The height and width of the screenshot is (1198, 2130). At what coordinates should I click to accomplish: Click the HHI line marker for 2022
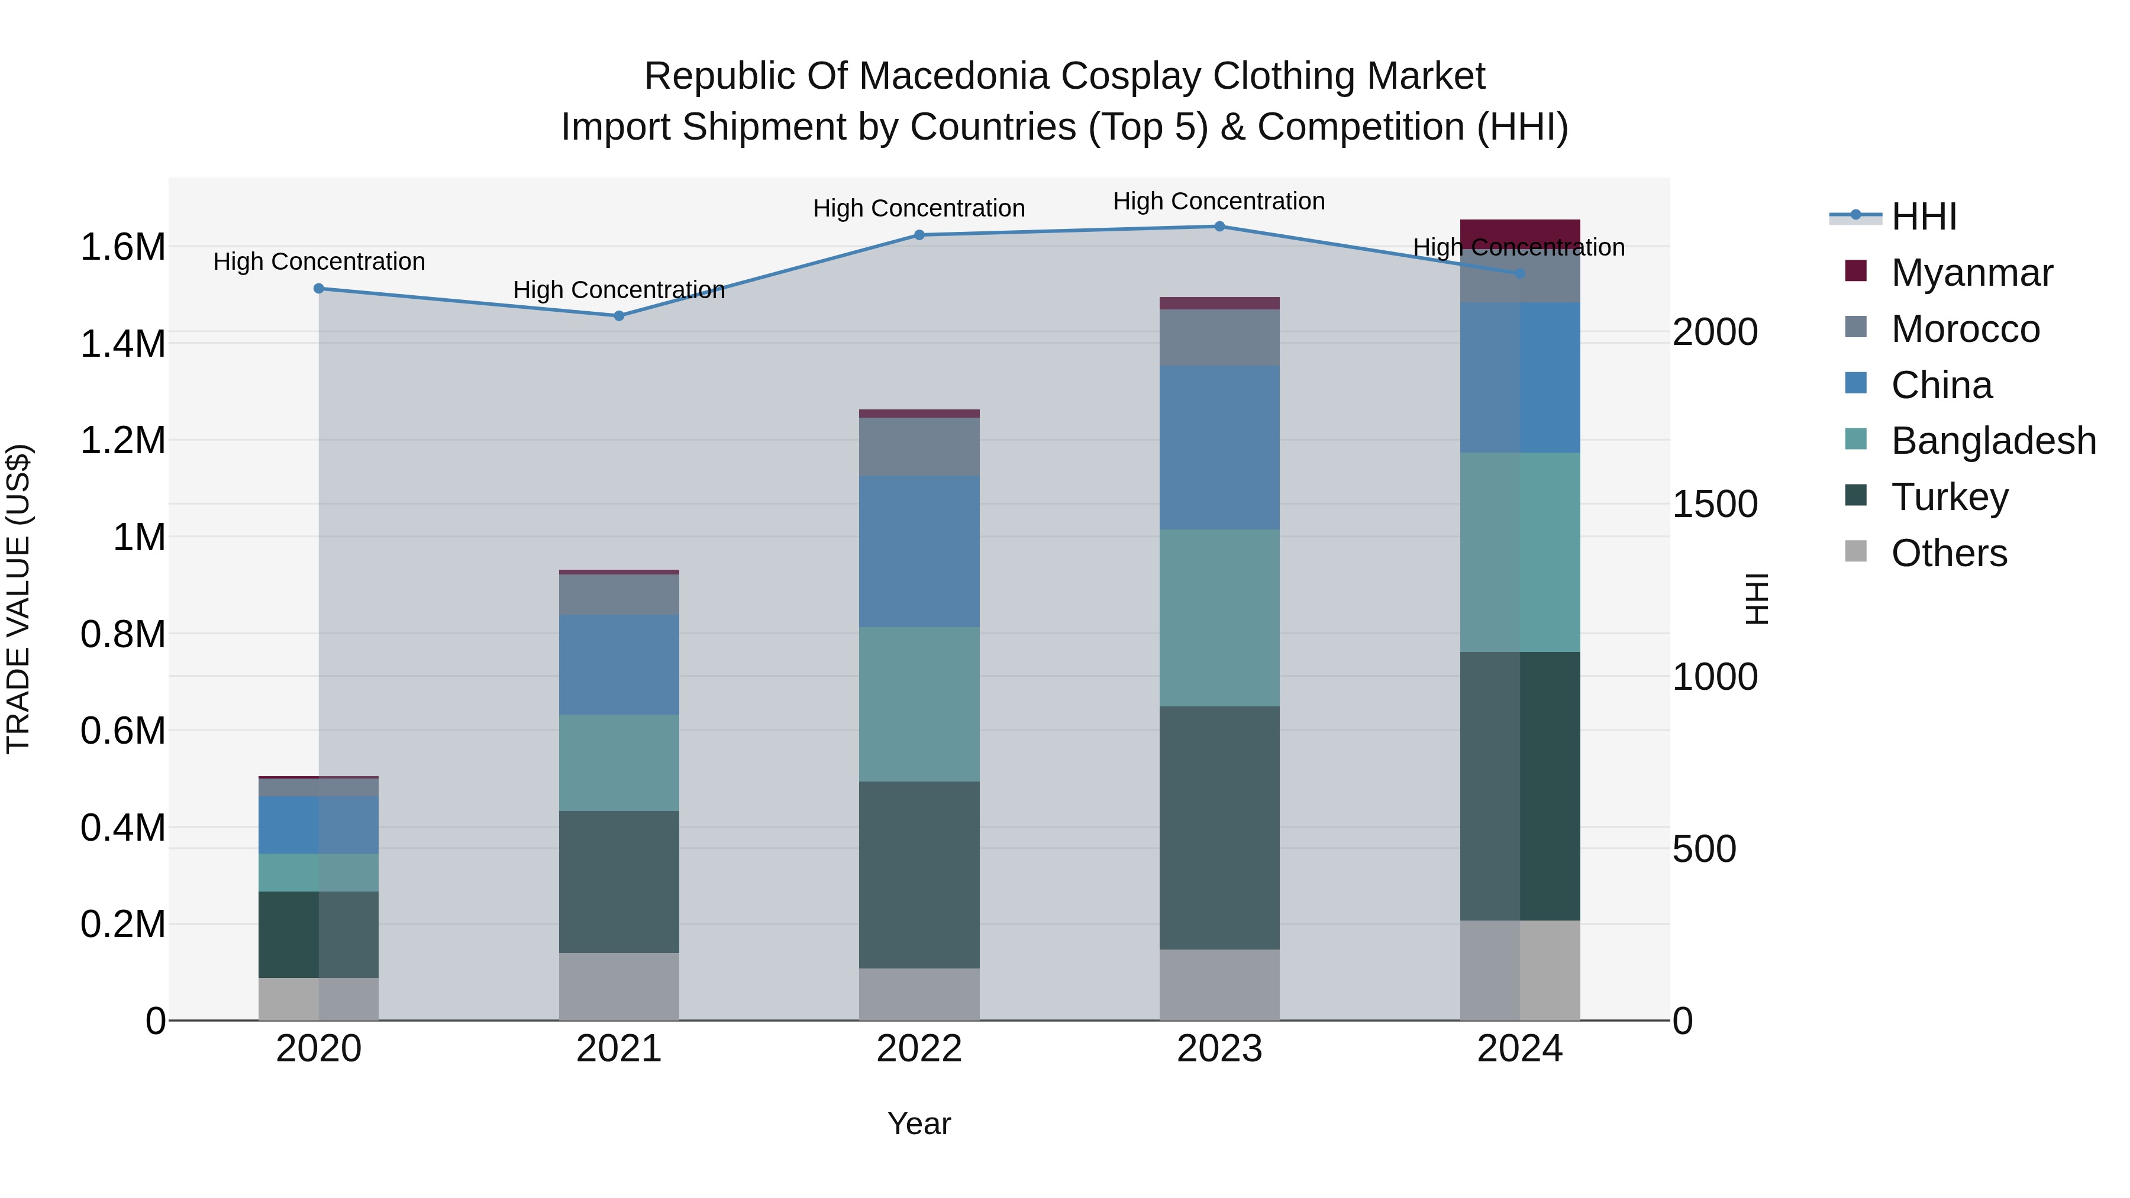[919, 235]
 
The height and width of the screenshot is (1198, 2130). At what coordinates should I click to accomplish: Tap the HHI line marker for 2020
[318, 289]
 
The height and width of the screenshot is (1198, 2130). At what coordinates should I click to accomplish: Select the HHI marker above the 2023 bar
[1219, 227]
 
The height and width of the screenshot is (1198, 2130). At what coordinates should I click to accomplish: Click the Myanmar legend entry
[1971, 273]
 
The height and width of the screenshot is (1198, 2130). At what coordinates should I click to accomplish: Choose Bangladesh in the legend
[1993, 441]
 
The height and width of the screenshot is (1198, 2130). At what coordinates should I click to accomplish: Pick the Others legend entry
[1948, 553]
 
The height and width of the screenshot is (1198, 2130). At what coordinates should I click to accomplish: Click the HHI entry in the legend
[1924, 217]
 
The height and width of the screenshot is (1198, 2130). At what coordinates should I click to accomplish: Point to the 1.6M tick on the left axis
[122, 247]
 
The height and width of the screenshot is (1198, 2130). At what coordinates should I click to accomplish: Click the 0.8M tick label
[122, 635]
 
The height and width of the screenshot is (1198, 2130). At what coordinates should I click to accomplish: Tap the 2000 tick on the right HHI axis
[1715, 332]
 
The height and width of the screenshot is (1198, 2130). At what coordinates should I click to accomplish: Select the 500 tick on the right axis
[1703, 849]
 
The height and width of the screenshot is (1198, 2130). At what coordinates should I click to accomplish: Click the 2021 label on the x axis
[618, 1049]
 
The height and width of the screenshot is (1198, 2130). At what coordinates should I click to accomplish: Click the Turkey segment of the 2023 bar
[1219, 827]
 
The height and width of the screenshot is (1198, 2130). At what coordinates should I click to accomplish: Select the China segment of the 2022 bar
[919, 551]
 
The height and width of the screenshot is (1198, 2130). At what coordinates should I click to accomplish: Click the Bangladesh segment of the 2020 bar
[318, 872]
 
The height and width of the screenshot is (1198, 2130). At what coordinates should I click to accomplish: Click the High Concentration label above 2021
[618, 290]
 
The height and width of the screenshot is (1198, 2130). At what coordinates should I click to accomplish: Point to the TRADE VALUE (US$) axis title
[18, 599]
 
